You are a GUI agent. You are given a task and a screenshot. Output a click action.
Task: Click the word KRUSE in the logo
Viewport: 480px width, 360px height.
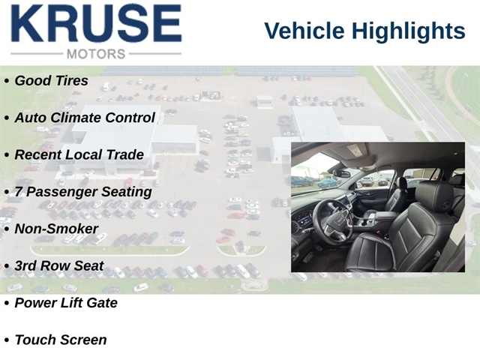tap(97, 23)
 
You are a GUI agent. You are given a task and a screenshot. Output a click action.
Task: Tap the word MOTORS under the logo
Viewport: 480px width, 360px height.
tap(96, 54)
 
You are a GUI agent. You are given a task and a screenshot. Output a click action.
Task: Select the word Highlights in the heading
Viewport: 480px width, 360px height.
tap(408, 31)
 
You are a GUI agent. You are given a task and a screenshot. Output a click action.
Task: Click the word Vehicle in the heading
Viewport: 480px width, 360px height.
tap(304, 31)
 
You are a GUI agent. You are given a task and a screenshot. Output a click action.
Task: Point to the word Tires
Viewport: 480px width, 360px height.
tap(73, 81)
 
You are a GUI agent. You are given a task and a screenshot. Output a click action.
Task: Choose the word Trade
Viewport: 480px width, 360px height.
tap(124, 154)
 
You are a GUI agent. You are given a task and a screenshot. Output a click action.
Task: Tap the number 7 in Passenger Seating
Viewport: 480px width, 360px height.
tap(18, 192)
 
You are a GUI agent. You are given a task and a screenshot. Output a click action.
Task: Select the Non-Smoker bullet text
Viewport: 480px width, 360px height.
tap(56, 229)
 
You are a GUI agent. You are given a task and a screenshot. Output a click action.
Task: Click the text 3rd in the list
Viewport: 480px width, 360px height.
tap(25, 265)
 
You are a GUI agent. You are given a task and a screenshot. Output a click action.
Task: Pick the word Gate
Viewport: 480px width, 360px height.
tap(102, 303)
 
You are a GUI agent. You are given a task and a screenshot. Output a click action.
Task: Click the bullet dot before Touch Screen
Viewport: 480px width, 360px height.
tap(7, 340)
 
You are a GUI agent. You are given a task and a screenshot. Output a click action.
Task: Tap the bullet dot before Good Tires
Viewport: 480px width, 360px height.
tap(7, 82)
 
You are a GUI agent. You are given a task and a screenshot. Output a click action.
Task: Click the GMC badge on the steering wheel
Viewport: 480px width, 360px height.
tap(340, 220)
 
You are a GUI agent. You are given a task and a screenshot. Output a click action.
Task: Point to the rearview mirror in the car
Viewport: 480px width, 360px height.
tap(341, 173)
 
